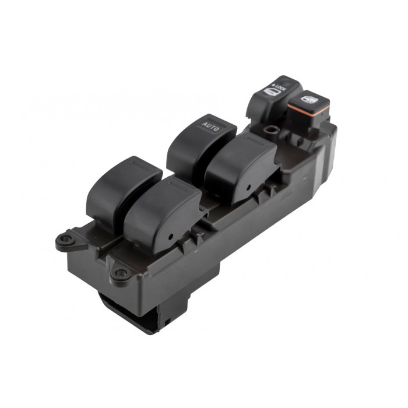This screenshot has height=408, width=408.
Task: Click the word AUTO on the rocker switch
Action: (x=210, y=125)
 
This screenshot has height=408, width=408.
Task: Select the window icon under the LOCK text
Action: (x=272, y=92)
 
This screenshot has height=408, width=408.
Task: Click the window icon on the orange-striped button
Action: (x=309, y=99)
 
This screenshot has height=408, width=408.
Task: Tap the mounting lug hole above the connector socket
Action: (x=120, y=272)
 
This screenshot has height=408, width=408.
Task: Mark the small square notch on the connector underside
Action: (x=166, y=321)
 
